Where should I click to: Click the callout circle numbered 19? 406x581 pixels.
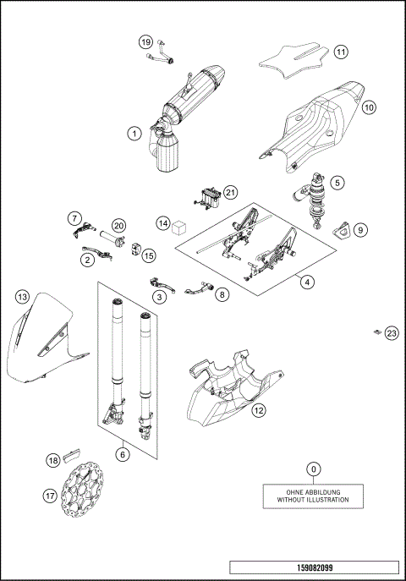click(145, 42)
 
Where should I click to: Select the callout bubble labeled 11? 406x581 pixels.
click(340, 52)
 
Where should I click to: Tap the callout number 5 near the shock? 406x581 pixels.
click(337, 182)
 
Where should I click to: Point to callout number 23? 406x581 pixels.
click(391, 333)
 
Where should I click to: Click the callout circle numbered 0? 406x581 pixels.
click(314, 469)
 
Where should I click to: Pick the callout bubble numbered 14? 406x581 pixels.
click(162, 223)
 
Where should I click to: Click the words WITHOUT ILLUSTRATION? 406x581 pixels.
click(313, 501)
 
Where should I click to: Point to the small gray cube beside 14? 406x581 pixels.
click(179, 227)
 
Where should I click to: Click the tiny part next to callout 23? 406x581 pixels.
click(376, 332)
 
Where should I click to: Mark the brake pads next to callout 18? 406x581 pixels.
click(71, 459)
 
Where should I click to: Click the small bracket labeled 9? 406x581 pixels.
click(342, 228)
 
